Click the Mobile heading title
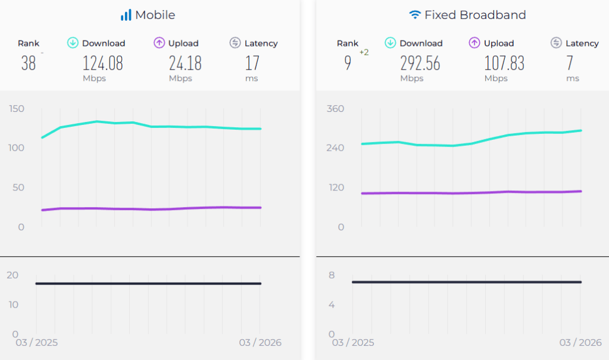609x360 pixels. (155, 15)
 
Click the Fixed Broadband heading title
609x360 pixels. (475, 15)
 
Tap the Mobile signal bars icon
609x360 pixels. (126, 15)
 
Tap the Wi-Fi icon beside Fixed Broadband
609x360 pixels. (415, 15)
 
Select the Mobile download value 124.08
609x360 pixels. (102, 63)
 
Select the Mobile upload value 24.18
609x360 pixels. (185, 63)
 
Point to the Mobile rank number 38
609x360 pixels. (29, 63)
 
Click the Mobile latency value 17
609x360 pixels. (252, 63)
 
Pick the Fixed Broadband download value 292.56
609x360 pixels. (420, 63)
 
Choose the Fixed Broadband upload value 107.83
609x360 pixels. (504, 63)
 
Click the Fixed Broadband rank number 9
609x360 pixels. (348, 63)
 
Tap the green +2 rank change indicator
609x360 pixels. (364, 52)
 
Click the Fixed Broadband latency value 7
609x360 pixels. (570, 63)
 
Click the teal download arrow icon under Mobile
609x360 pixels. (73, 43)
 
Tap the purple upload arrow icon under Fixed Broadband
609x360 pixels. (474, 43)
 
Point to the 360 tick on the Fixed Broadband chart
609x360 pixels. (336, 108)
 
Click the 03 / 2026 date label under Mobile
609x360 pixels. (260, 343)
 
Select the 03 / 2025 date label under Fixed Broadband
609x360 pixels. (354, 343)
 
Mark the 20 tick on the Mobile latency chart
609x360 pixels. (12, 275)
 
